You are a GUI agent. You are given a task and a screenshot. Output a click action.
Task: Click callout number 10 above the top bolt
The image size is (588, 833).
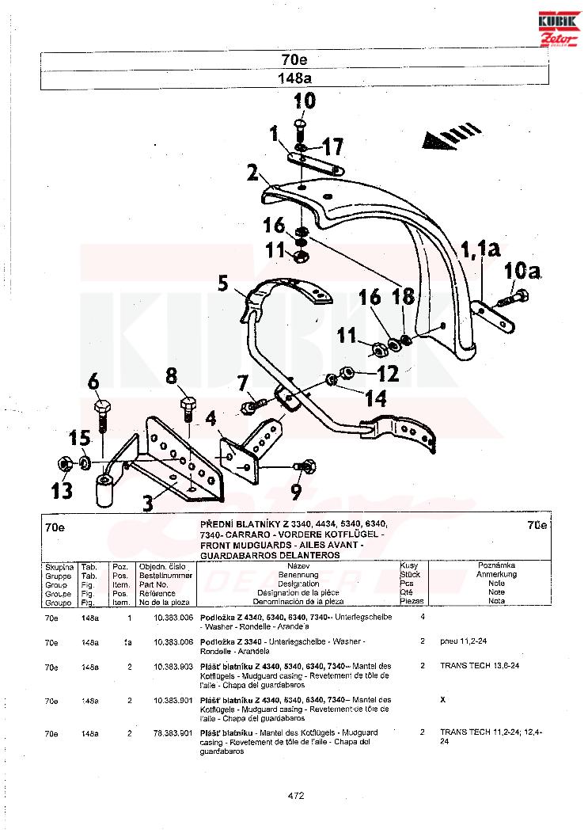305,101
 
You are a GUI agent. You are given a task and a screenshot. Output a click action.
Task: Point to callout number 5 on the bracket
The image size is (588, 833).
223,283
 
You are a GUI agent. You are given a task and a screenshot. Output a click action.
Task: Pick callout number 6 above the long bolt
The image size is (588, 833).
94,382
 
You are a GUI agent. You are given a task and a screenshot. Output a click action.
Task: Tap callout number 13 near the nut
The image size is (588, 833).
63,492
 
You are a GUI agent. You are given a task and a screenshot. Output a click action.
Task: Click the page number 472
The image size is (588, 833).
296,797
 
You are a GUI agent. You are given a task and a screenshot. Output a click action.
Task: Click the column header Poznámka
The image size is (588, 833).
496,565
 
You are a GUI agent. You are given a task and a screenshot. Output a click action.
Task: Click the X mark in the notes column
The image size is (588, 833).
442,701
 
